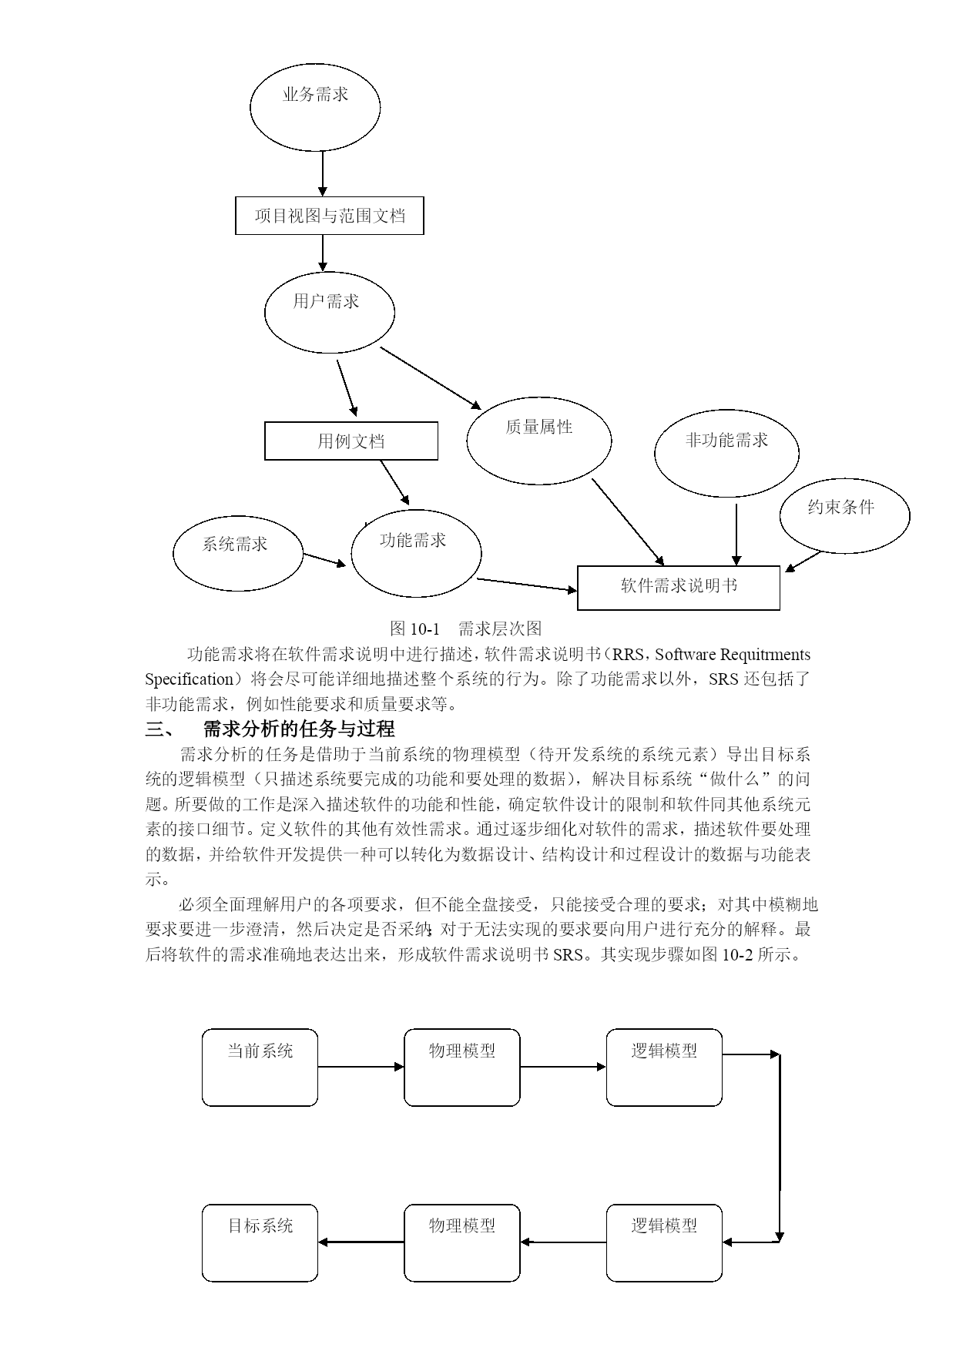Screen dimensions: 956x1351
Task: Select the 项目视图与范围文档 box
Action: [330, 216]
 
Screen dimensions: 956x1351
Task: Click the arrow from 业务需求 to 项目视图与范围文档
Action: [323, 174]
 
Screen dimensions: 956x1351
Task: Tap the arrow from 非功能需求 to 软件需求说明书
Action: [736, 535]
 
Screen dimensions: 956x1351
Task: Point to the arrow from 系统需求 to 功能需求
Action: [325, 560]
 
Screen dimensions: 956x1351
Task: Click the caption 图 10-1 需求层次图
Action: [466, 628]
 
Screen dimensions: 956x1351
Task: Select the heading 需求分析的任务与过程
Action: [299, 729]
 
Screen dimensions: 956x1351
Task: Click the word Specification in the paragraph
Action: [190, 679]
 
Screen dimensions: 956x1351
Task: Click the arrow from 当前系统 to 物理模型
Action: [361, 1067]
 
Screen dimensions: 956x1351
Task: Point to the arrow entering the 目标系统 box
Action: [361, 1242]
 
